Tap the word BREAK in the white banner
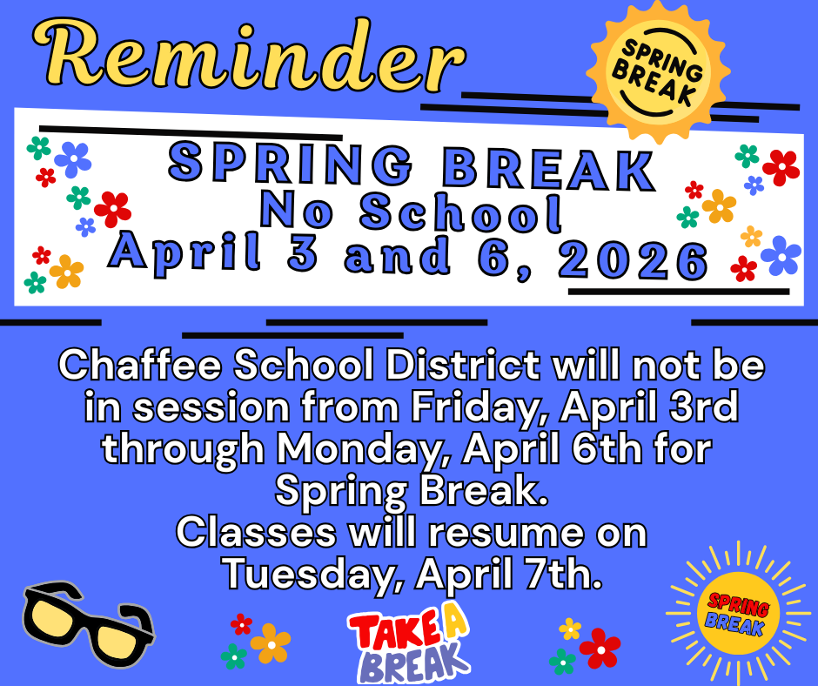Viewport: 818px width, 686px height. click(x=551, y=169)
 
